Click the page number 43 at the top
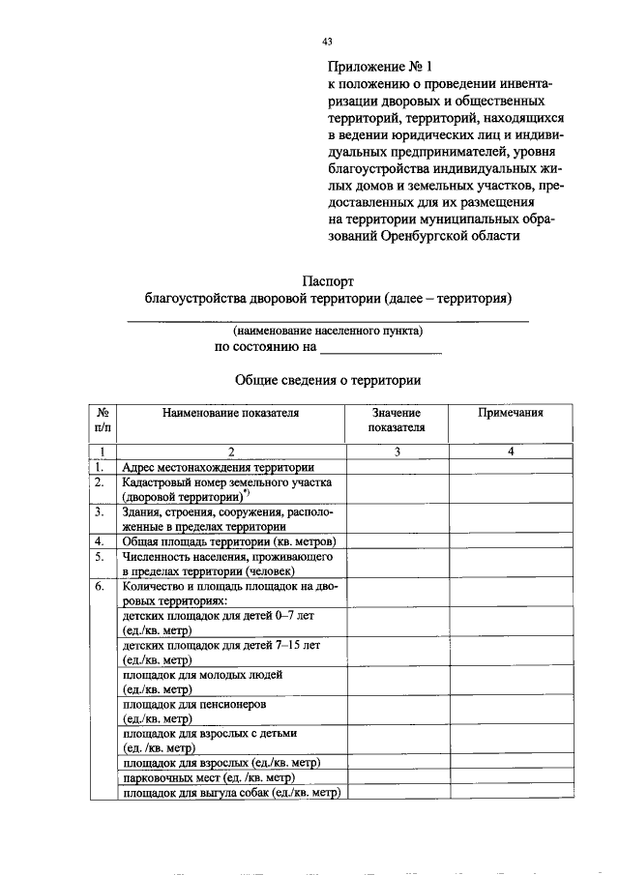click(x=327, y=41)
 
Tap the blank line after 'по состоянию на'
click(x=380, y=348)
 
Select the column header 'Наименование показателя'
click(x=231, y=413)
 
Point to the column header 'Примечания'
click(x=511, y=413)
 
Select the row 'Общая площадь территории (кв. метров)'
click(x=229, y=540)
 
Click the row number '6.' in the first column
click(x=100, y=586)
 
